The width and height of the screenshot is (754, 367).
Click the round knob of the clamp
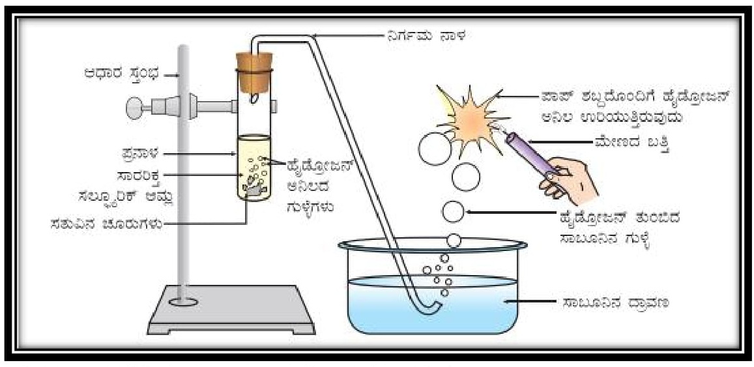click(x=134, y=105)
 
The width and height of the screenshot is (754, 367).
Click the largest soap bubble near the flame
click(x=435, y=149)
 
